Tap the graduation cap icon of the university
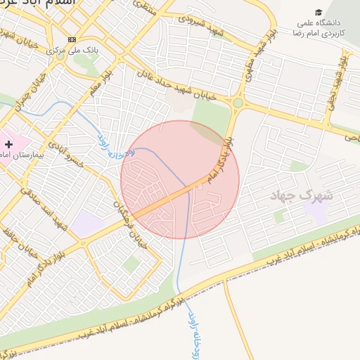click(319, 12)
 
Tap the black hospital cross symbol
click(8, 143)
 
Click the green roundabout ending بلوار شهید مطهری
click(238, 103)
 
